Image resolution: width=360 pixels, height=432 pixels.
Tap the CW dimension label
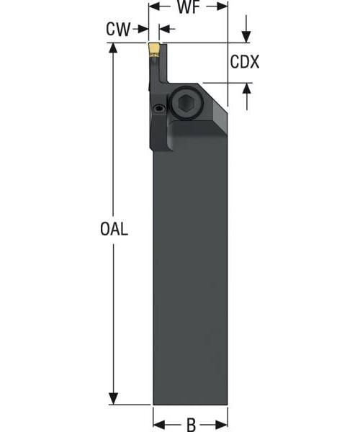pyautogui.click(x=119, y=29)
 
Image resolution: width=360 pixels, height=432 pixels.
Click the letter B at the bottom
pyautogui.click(x=191, y=424)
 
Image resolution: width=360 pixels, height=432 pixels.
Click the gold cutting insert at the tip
pyautogui.click(x=154, y=50)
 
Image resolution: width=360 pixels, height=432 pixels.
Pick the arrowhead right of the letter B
pyautogui.click(x=222, y=424)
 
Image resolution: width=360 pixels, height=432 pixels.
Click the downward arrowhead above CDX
pyautogui.click(x=246, y=37)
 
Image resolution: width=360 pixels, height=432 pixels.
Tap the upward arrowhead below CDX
pyautogui.click(x=246, y=89)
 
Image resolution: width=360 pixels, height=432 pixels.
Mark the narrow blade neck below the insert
pyautogui.click(x=156, y=72)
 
